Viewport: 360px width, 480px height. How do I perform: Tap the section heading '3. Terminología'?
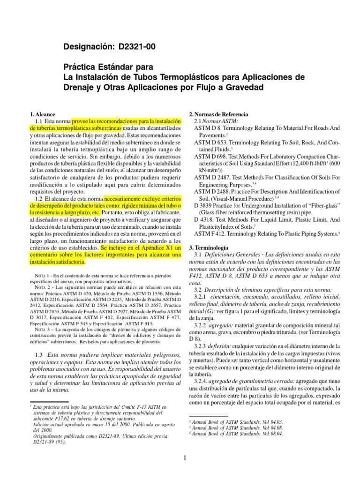pos(209,247)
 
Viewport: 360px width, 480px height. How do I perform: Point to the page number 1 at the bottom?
pos(186,458)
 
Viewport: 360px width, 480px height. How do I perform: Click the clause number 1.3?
pos(39,355)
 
